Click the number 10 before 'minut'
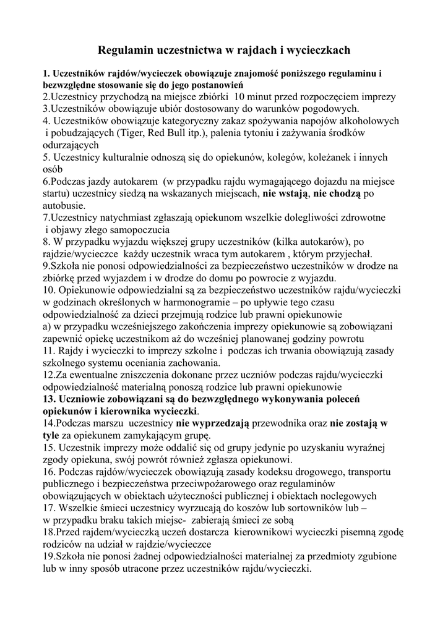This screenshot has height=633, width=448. coord(244,97)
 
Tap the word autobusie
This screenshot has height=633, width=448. coord(63,206)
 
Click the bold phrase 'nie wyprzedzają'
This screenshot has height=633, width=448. coord(212,423)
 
